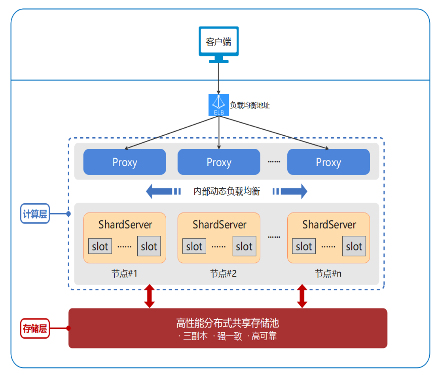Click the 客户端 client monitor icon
point(218,43)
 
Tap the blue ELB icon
point(219,105)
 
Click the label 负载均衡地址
point(250,106)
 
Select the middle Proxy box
point(219,162)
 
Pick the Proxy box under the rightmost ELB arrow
point(328,162)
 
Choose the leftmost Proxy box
point(125,162)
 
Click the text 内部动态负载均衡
point(227,191)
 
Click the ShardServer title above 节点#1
point(125,225)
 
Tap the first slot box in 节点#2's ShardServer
point(194,246)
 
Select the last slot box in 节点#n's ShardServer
point(354,246)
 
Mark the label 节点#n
point(328,273)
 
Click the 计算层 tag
point(35,214)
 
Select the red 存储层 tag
point(35,328)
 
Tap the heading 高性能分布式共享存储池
point(227,323)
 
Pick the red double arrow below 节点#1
point(149,296)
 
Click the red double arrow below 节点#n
point(302,296)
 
